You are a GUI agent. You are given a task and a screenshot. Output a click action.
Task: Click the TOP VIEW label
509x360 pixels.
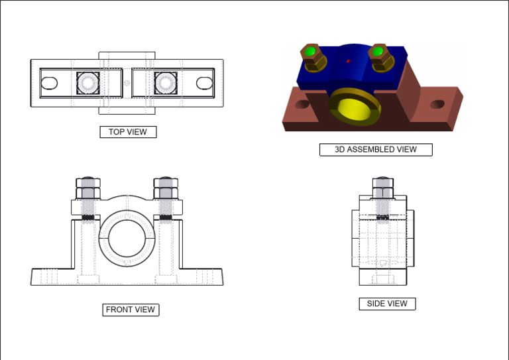[x=128, y=132]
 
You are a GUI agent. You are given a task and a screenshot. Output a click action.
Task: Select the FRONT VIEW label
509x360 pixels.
[x=131, y=310]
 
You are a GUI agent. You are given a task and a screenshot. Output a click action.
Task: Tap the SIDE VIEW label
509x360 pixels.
[x=387, y=304]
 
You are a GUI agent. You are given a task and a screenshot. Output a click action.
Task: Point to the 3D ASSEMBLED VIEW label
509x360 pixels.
[x=376, y=150]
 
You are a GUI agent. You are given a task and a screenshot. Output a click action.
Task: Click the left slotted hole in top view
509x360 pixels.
[x=49, y=83]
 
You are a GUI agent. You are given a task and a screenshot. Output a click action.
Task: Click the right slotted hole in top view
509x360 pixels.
[x=205, y=83]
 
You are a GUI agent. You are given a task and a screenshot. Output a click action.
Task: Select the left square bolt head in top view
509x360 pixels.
[x=88, y=83]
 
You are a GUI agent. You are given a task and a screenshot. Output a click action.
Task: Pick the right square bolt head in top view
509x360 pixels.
[x=166, y=83]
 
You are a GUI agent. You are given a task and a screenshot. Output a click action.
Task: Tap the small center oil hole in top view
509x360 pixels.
[x=127, y=83]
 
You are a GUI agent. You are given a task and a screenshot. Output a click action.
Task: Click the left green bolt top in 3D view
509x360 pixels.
[x=310, y=51]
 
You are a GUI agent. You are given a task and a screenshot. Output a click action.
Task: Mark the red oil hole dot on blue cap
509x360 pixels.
[x=349, y=62]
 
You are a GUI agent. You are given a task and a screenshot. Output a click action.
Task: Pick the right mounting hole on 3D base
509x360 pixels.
[x=437, y=104]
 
